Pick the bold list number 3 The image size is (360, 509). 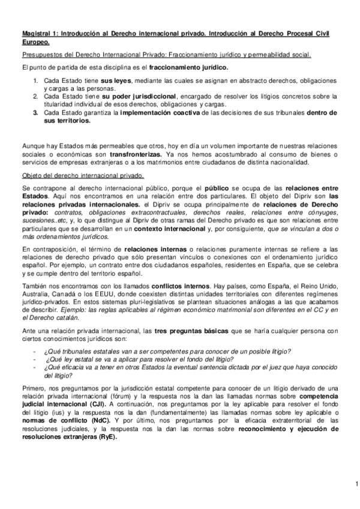(35, 112)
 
